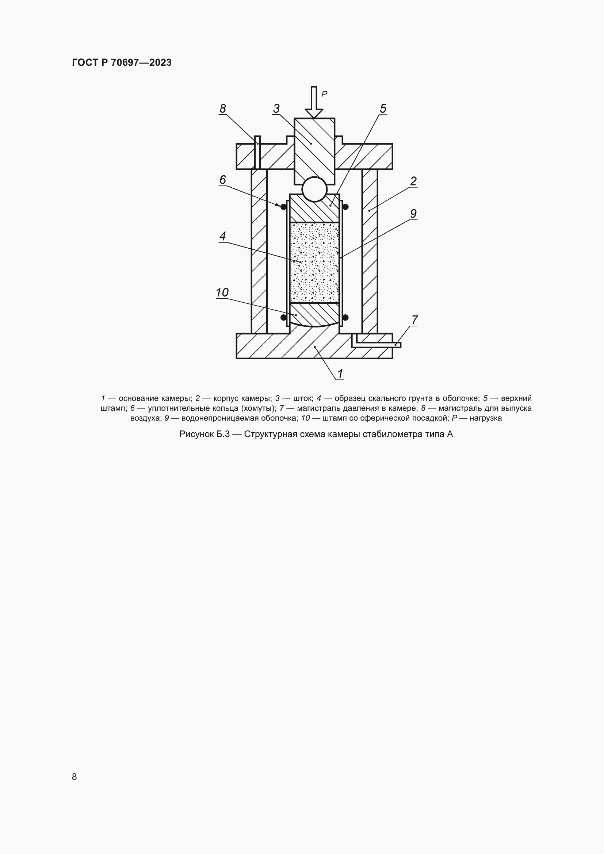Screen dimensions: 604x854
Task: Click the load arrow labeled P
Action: [x=314, y=102]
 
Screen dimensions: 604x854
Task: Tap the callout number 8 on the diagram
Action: [x=223, y=108]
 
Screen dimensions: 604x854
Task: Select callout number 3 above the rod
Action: [x=276, y=108]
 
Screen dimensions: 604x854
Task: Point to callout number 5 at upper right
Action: [x=383, y=108]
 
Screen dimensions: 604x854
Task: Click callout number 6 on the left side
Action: [x=223, y=180]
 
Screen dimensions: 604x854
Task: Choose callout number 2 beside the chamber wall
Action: [x=413, y=181]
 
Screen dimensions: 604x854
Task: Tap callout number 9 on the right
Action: [x=413, y=214]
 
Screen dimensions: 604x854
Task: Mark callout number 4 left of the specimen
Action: [x=223, y=236]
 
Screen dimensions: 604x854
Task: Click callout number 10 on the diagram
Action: [x=222, y=292]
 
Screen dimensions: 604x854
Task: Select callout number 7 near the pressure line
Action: [x=414, y=320]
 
